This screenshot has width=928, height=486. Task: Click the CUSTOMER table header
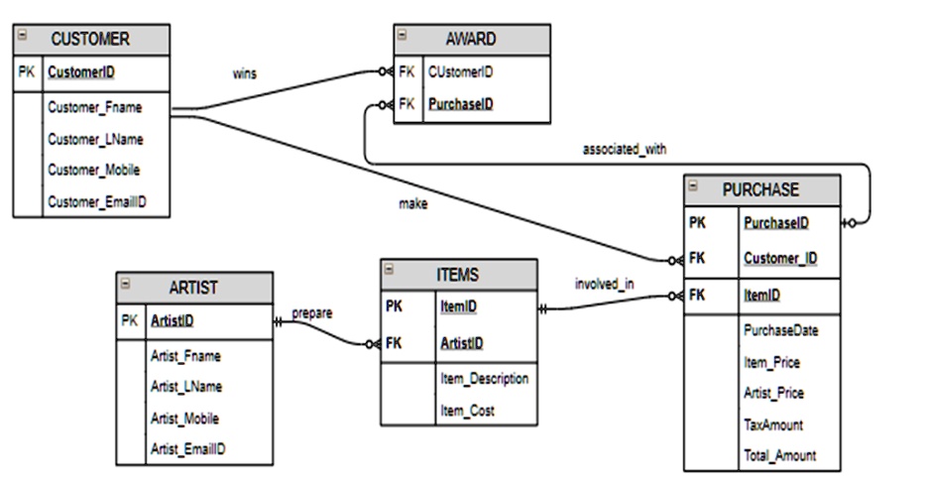tap(90, 40)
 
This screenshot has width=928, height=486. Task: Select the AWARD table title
tap(471, 40)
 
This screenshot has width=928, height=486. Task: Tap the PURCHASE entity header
tap(760, 189)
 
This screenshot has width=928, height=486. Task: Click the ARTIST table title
tap(194, 288)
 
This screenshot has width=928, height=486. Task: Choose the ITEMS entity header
tap(458, 275)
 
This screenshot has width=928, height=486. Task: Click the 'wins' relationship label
tap(244, 73)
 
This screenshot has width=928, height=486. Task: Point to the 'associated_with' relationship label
tap(625, 150)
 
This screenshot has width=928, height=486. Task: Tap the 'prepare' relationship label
tap(312, 313)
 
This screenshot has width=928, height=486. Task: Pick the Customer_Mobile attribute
tap(94, 171)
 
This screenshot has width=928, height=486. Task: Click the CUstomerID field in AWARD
tap(461, 72)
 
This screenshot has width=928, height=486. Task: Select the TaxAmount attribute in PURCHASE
tap(773, 425)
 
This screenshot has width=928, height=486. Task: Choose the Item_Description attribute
tap(484, 379)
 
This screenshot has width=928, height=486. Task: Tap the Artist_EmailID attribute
tap(188, 449)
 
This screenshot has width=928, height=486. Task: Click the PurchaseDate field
tap(779, 330)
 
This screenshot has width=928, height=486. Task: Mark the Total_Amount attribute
tap(779, 455)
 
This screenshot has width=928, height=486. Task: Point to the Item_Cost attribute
tap(466, 410)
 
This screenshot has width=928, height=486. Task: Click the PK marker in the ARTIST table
tap(130, 320)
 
